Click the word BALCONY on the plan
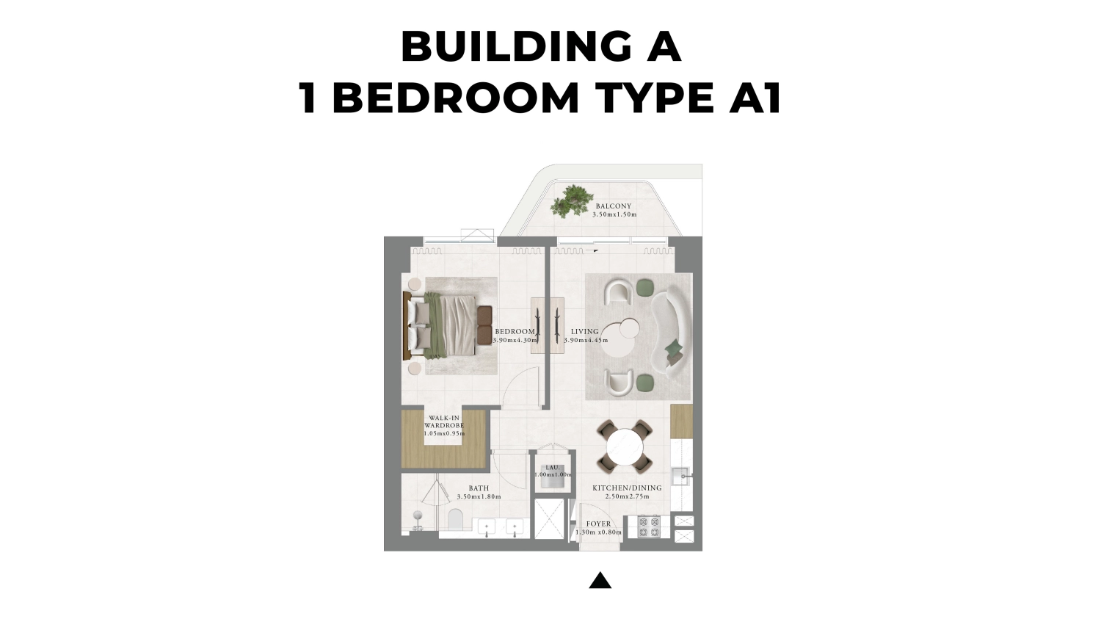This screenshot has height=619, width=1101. click(613, 206)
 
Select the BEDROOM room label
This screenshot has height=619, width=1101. click(515, 332)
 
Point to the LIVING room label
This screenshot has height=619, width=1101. click(584, 332)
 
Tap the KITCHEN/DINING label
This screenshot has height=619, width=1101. click(627, 488)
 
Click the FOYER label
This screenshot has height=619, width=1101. click(598, 524)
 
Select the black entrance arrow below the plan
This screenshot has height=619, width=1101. click(600, 581)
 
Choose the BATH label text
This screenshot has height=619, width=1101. click(479, 488)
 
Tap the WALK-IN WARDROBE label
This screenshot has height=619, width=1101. click(444, 421)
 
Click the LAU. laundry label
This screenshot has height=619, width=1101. click(552, 468)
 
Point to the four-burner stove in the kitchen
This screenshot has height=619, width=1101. click(648, 526)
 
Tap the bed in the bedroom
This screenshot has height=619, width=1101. click(448, 326)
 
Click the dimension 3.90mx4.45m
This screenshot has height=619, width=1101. click(586, 341)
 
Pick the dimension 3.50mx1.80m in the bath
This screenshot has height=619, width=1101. click(479, 497)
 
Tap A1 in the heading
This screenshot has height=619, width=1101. click(755, 98)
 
